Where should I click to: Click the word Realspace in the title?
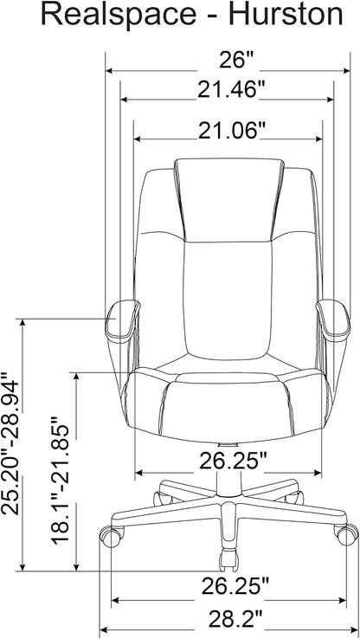click(119, 16)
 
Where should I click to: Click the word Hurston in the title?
click(286, 15)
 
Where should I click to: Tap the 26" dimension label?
click(236, 61)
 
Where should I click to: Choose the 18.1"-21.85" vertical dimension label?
click(61, 480)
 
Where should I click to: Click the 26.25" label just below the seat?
click(233, 461)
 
